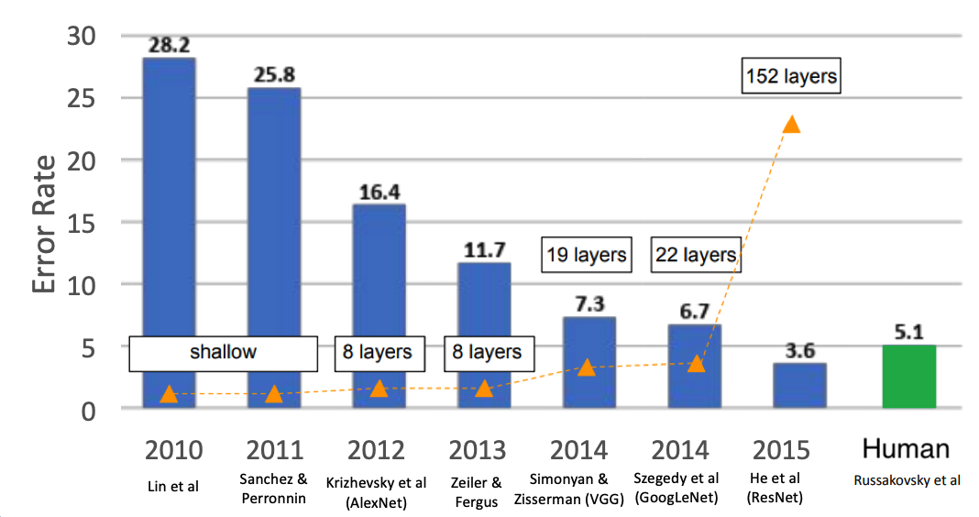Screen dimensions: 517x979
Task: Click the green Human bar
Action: (x=908, y=377)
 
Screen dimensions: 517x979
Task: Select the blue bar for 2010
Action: (x=169, y=229)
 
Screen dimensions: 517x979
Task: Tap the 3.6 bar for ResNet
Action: (x=799, y=386)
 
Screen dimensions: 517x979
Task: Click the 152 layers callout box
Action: (x=790, y=76)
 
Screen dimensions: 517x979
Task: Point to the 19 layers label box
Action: (x=587, y=254)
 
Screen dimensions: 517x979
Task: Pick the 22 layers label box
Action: (x=695, y=254)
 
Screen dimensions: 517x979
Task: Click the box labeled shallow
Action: (x=223, y=352)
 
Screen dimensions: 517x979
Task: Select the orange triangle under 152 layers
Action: (x=790, y=124)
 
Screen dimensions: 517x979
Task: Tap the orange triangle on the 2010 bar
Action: (x=169, y=394)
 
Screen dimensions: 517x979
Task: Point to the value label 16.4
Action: (x=379, y=193)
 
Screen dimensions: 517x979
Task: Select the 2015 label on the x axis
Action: (x=781, y=450)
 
